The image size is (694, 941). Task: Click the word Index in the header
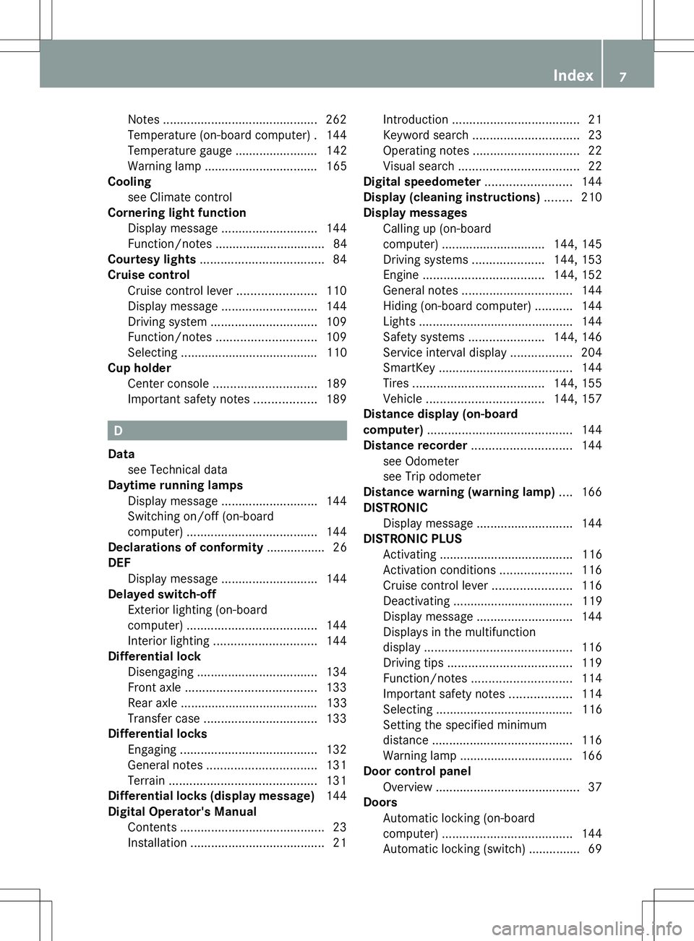pyautogui.click(x=573, y=75)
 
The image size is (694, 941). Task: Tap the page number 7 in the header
pyautogui.click(x=622, y=77)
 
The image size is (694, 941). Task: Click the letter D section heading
pyautogui.click(x=118, y=431)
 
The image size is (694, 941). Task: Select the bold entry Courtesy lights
pyautogui.click(x=152, y=259)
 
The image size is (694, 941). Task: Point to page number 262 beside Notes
pyautogui.click(x=336, y=119)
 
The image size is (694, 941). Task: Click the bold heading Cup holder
pyautogui.click(x=140, y=368)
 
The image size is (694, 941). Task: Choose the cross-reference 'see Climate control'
pyautogui.click(x=180, y=197)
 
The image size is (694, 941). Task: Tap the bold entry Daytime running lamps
pyautogui.click(x=175, y=485)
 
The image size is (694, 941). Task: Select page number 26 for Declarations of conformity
pyautogui.click(x=340, y=547)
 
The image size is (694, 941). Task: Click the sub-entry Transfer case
pyautogui.click(x=163, y=718)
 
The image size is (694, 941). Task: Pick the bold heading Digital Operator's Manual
pyautogui.click(x=182, y=812)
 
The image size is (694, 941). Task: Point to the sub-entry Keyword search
pyautogui.click(x=426, y=135)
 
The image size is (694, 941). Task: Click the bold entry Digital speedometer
pyautogui.click(x=422, y=181)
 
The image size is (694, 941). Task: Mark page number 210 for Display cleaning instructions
pyautogui.click(x=591, y=197)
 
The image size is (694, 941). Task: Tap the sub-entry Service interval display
pyautogui.click(x=445, y=353)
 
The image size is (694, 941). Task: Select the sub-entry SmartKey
pyautogui.click(x=409, y=368)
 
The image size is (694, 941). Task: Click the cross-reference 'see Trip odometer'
pyautogui.click(x=432, y=476)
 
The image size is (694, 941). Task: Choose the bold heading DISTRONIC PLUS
pyautogui.click(x=413, y=538)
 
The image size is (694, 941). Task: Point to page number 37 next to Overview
pyautogui.click(x=595, y=787)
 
